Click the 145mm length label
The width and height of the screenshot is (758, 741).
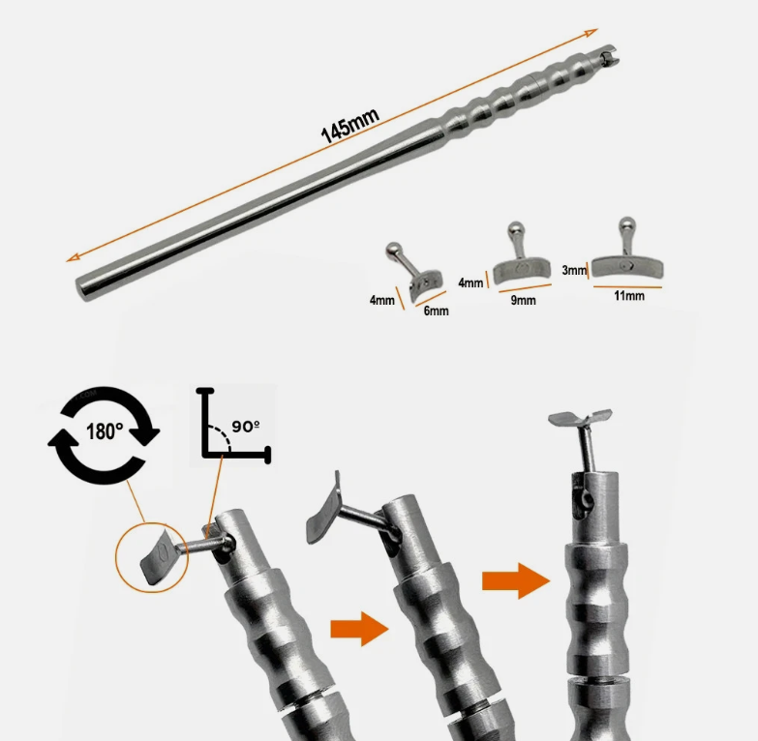(x=350, y=126)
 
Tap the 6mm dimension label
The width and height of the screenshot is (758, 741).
(x=436, y=311)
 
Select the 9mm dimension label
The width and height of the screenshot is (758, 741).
(x=523, y=300)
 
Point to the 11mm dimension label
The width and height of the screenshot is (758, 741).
(x=629, y=296)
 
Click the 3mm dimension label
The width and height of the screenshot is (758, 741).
(x=574, y=270)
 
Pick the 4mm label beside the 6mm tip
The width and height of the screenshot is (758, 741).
(x=381, y=300)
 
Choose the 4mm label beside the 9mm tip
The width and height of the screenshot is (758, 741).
(x=470, y=282)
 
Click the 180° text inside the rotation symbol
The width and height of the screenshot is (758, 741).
(x=105, y=430)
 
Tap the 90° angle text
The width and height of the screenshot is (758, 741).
(x=246, y=426)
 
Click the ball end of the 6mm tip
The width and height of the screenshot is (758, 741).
(x=393, y=250)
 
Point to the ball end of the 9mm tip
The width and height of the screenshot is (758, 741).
(x=515, y=228)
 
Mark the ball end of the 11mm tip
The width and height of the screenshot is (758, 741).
(x=626, y=223)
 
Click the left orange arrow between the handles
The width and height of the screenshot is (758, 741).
(x=359, y=629)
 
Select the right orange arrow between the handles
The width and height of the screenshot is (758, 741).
(x=516, y=580)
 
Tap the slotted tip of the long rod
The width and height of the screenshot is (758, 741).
(x=609, y=55)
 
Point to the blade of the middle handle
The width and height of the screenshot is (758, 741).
(x=322, y=508)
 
